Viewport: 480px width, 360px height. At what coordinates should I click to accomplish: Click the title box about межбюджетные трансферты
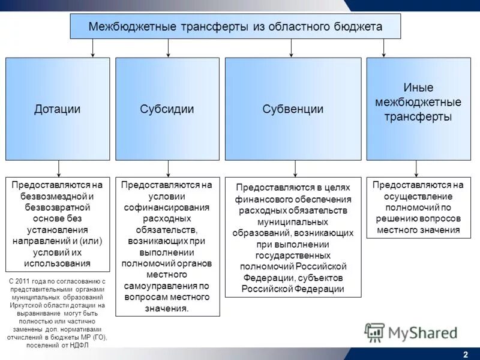point(235,26)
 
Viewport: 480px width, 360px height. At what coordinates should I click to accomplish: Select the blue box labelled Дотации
point(58,109)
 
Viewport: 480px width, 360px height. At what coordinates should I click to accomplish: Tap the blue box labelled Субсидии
point(167,109)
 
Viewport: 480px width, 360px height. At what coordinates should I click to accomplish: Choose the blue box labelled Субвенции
point(293,109)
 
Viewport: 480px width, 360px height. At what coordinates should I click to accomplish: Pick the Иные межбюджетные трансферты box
point(418,109)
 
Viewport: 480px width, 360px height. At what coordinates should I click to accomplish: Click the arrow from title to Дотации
point(92,48)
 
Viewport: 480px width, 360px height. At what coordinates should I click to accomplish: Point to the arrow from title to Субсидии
point(168,48)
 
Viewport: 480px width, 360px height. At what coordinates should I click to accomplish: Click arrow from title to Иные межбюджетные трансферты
point(384,48)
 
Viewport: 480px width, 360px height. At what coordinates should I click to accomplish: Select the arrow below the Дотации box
point(58,168)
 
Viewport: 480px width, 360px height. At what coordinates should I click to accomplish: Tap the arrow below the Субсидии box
point(168,168)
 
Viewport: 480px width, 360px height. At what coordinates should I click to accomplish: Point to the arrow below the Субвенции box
point(294,168)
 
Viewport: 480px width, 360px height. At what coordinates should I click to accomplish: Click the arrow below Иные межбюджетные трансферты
point(418,168)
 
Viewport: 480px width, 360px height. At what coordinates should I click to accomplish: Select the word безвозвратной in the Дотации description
point(58,207)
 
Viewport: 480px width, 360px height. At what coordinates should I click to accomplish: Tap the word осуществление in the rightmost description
point(418,196)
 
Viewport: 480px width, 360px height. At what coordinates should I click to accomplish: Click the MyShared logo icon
point(375,332)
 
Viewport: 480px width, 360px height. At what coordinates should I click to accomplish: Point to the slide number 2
point(466,353)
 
